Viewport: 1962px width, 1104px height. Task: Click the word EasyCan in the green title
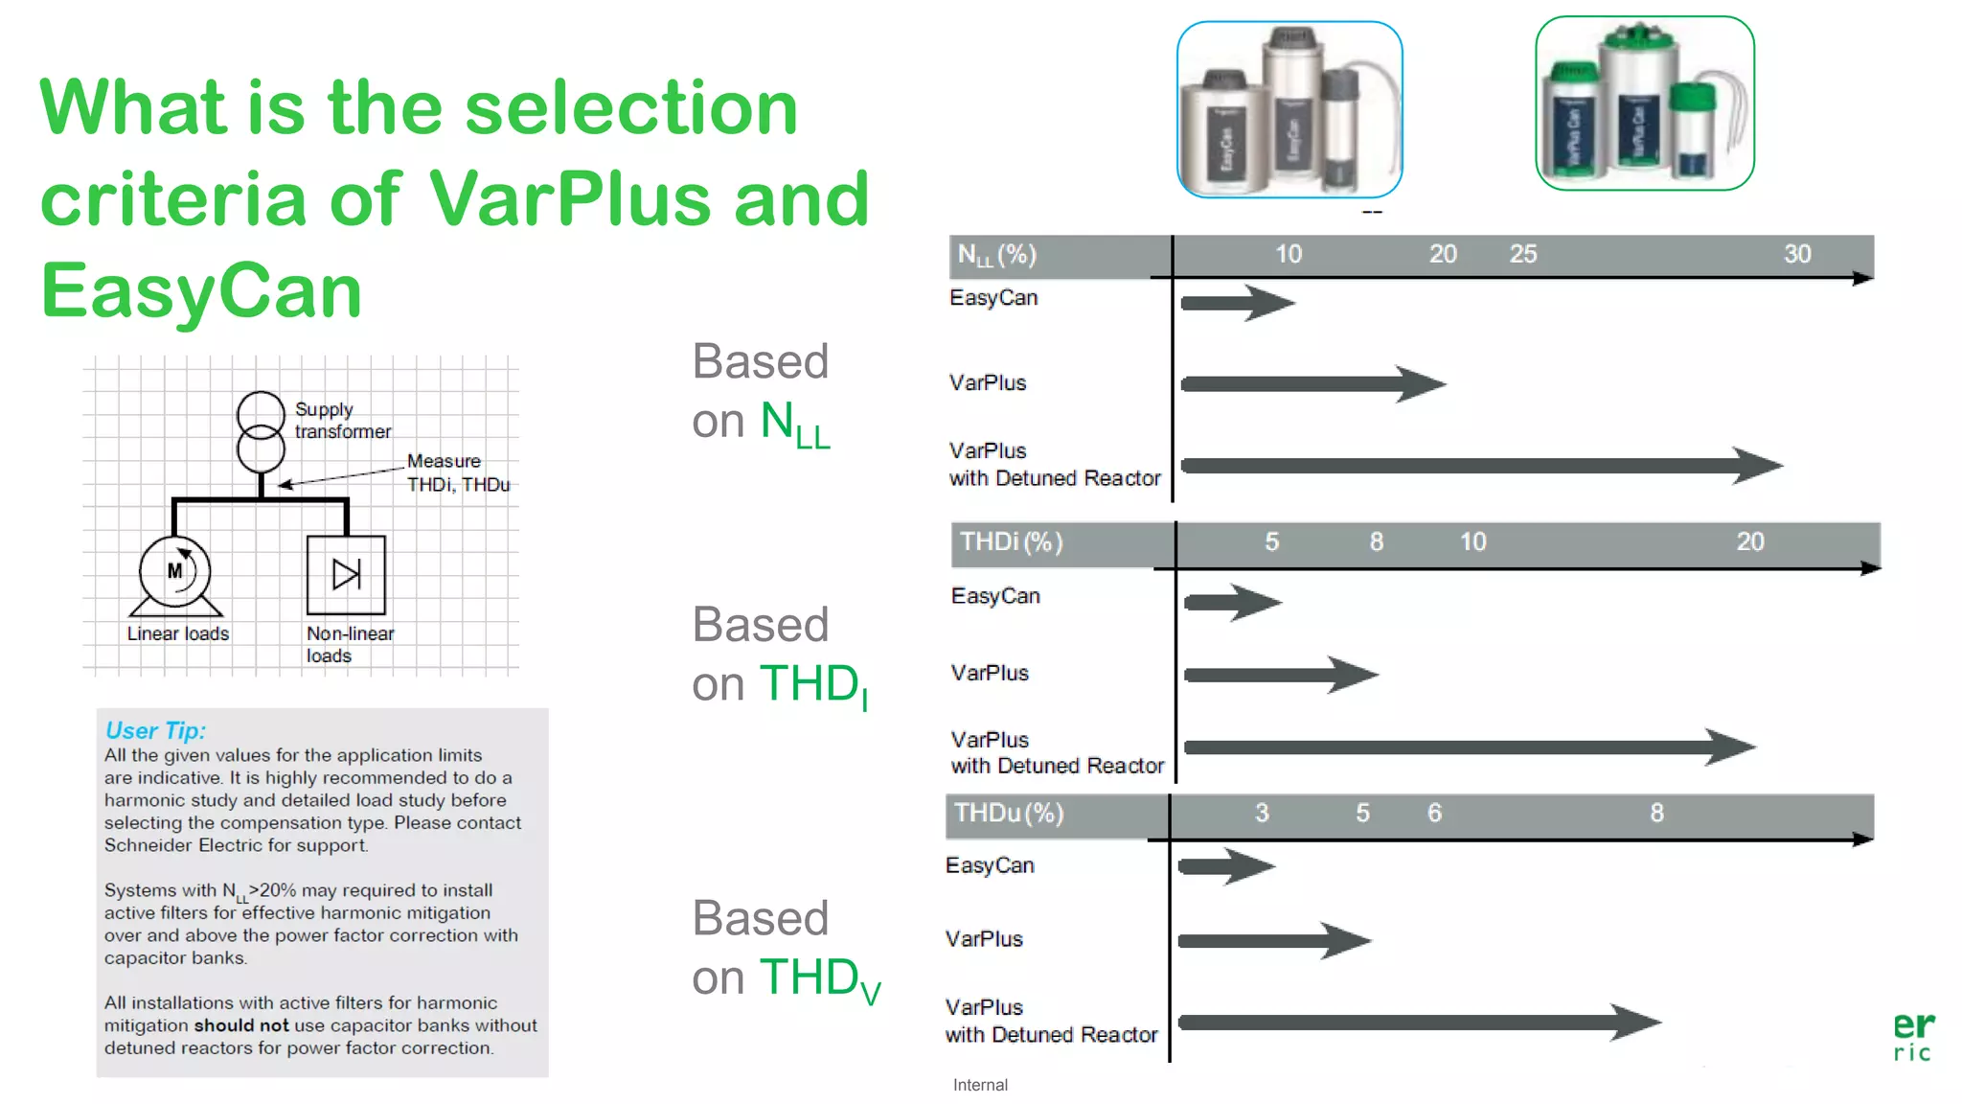201,291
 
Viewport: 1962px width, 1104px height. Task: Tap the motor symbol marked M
174,572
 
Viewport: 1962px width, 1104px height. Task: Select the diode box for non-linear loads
346,575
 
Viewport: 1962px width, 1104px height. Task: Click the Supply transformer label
342,421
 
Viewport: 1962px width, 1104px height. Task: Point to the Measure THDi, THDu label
457,472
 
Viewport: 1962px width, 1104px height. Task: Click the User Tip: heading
155,730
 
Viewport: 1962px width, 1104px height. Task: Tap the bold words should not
240,1025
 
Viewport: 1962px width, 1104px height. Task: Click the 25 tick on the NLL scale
1522,254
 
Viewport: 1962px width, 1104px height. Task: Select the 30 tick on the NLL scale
1796,254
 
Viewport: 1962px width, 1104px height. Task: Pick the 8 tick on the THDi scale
1376,542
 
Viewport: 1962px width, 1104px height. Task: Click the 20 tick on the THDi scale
1749,542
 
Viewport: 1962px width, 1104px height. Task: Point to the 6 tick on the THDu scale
1434,814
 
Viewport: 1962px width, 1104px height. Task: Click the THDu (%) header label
1009,814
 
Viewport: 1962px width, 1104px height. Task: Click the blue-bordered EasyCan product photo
1289,109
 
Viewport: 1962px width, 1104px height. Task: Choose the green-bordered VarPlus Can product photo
1644,103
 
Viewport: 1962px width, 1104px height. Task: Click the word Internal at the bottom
980,1085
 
